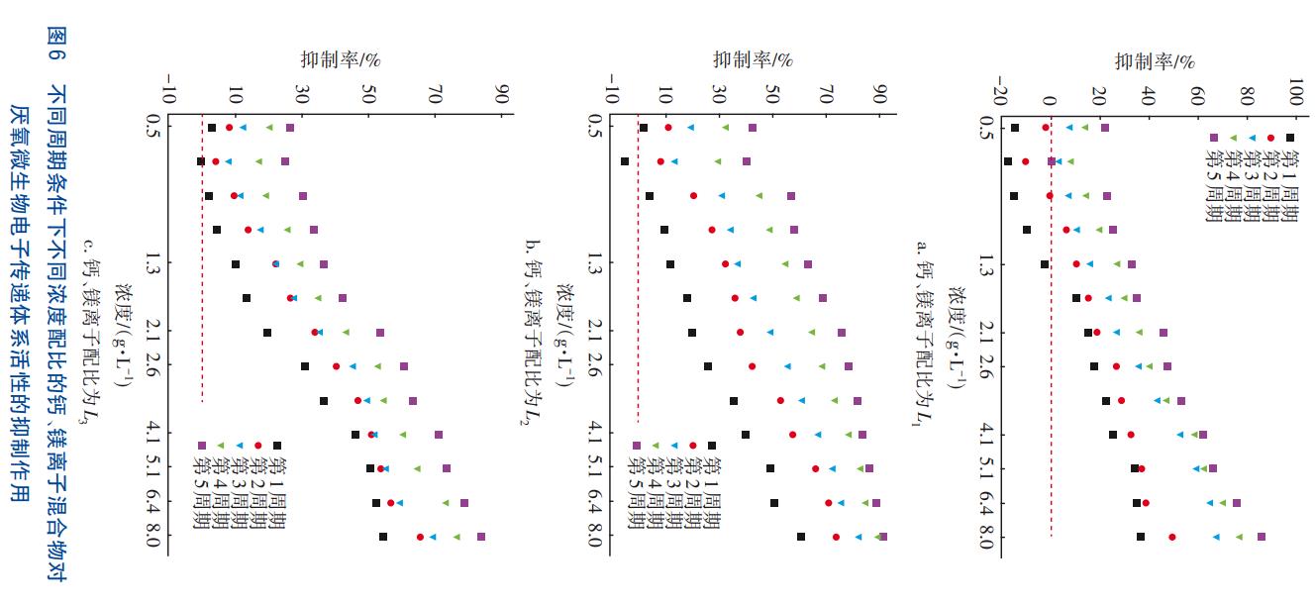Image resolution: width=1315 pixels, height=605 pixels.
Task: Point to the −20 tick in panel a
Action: click(x=1000, y=100)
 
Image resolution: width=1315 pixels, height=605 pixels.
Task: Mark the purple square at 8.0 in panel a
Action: click(x=1262, y=537)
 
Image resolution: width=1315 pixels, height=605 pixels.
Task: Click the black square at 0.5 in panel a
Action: click(x=1015, y=128)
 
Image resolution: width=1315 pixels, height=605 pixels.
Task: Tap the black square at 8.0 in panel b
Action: click(x=801, y=537)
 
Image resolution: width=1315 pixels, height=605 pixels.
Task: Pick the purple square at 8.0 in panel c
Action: click(x=481, y=537)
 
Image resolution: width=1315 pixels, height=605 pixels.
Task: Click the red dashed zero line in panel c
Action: click(x=202, y=297)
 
